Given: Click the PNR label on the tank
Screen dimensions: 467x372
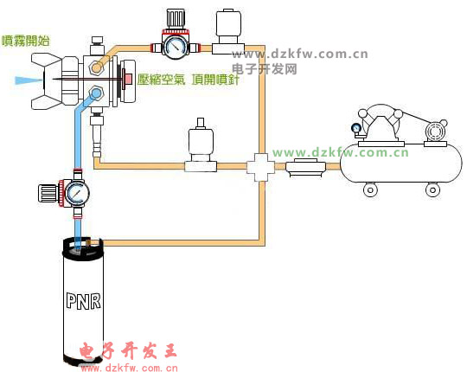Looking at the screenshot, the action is [x=83, y=301].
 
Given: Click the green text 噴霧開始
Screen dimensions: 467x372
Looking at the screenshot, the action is [x=26, y=41].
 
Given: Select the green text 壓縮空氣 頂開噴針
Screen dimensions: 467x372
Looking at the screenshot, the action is [x=189, y=80].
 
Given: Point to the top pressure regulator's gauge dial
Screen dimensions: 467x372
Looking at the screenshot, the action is [x=175, y=48].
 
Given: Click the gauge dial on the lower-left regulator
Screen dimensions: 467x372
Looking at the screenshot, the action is [x=77, y=193].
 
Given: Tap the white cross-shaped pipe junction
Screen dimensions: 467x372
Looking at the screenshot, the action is [x=260, y=167].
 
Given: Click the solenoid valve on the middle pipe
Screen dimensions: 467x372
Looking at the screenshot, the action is [x=201, y=146].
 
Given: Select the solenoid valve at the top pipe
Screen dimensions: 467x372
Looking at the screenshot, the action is [x=228, y=31].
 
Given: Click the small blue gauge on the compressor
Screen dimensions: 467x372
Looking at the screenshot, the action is [x=356, y=129].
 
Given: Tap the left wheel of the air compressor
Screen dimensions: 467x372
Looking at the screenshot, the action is [x=370, y=189].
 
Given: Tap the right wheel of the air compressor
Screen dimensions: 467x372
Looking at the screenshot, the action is [x=432, y=189].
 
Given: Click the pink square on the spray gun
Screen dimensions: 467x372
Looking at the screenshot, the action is [x=128, y=79].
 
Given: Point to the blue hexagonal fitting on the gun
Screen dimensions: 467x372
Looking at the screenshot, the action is [x=96, y=93].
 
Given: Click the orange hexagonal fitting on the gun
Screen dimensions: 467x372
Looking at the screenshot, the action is [x=96, y=67].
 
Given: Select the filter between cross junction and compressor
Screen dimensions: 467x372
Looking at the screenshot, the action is [x=306, y=167].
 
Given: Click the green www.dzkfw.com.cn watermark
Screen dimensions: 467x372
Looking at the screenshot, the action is [x=341, y=153].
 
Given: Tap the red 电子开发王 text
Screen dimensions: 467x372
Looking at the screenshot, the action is [x=128, y=351].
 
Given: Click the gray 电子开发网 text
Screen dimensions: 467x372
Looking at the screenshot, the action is [x=265, y=69].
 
